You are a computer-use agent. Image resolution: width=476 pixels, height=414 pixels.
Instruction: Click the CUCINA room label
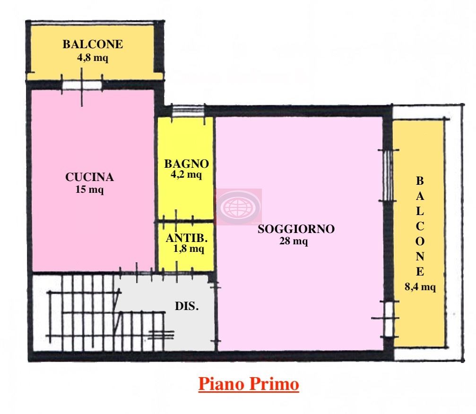click(x=89, y=177)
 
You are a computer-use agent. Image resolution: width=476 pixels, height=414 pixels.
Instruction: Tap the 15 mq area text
click(x=89, y=190)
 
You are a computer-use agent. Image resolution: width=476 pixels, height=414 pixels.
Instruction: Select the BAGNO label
click(x=186, y=164)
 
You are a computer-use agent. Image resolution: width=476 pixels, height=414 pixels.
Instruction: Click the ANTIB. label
click(x=187, y=238)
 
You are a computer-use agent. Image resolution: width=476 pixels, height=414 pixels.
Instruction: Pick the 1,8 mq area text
click(x=189, y=249)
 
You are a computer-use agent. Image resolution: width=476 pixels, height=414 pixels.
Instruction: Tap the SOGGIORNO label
click(x=296, y=229)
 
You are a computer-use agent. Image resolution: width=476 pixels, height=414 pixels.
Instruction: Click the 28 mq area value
click(x=294, y=241)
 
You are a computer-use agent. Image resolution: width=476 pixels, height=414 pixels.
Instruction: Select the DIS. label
click(x=187, y=306)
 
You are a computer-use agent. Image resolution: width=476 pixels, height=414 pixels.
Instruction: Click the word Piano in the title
click(x=221, y=384)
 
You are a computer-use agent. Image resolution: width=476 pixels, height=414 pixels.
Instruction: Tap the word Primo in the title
click(x=275, y=384)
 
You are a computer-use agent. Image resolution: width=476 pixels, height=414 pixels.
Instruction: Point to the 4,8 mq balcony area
click(x=93, y=57)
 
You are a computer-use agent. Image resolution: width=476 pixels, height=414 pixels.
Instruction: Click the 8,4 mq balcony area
click(x=420, y=286)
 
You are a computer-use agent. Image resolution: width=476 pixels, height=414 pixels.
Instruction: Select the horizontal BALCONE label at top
click(x=93, y=44)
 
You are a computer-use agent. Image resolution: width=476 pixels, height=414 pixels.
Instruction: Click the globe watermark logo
click(x=239, y=207)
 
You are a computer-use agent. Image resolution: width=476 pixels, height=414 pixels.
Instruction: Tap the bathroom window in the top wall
click(x=188, y=111)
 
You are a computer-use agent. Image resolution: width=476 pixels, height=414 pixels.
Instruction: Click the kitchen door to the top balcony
click(x=82, y=85)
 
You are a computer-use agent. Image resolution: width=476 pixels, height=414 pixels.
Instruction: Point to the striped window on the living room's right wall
click(x=388, y=175)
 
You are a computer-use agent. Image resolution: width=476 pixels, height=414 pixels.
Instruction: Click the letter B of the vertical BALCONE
click(x=420, y=181)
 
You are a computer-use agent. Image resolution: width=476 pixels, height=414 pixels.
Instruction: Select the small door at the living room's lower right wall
click(x=389, y=319)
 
